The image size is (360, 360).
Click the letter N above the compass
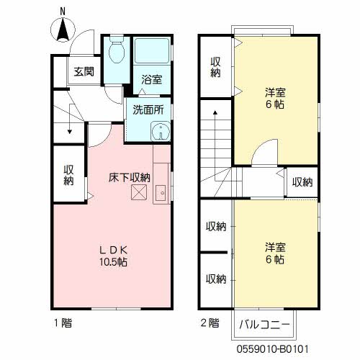point(63,11)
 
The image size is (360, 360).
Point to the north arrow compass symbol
point(63,29)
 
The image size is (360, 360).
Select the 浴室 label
point(151,80)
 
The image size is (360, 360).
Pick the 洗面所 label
point(148,110)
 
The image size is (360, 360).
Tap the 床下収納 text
point(129,177)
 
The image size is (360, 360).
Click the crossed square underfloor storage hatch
point(138,192)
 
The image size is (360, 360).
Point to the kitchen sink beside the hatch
point(161,192)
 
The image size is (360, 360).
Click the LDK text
point(113,250)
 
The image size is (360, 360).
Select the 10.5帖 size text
point(113,262)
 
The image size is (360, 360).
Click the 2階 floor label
point(210,323)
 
